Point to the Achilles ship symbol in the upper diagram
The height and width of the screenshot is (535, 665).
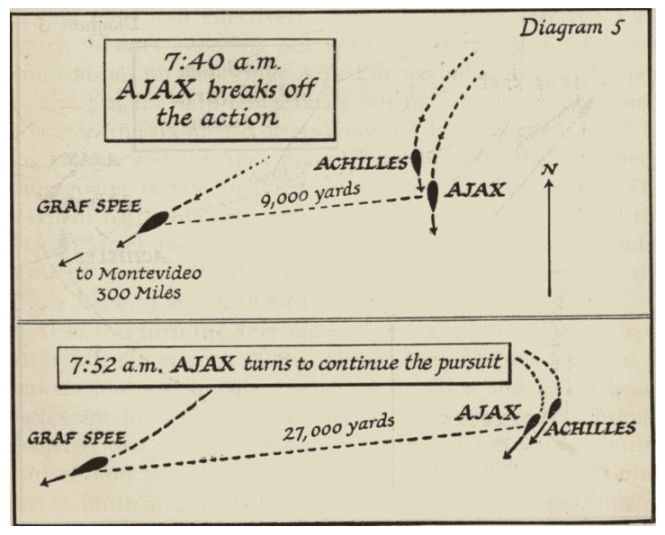tap(416, 162)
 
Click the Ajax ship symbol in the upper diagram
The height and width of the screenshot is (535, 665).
tap(433, 194)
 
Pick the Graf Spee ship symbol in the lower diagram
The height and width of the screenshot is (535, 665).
tap(91, 465)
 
